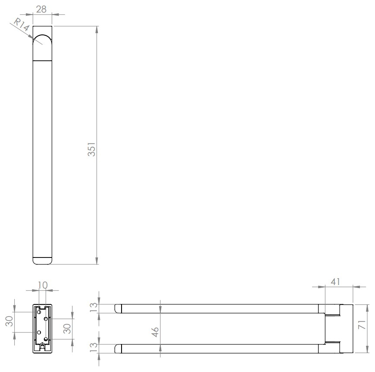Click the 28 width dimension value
point(41,9)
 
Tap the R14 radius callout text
point(21,25)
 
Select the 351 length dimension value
point(91,149)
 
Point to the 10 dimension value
point(43,285)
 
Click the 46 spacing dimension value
point(155,332)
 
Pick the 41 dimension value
point(335,282)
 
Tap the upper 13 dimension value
point(94,307)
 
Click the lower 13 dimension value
point(94,347)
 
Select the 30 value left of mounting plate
point(9,321)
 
